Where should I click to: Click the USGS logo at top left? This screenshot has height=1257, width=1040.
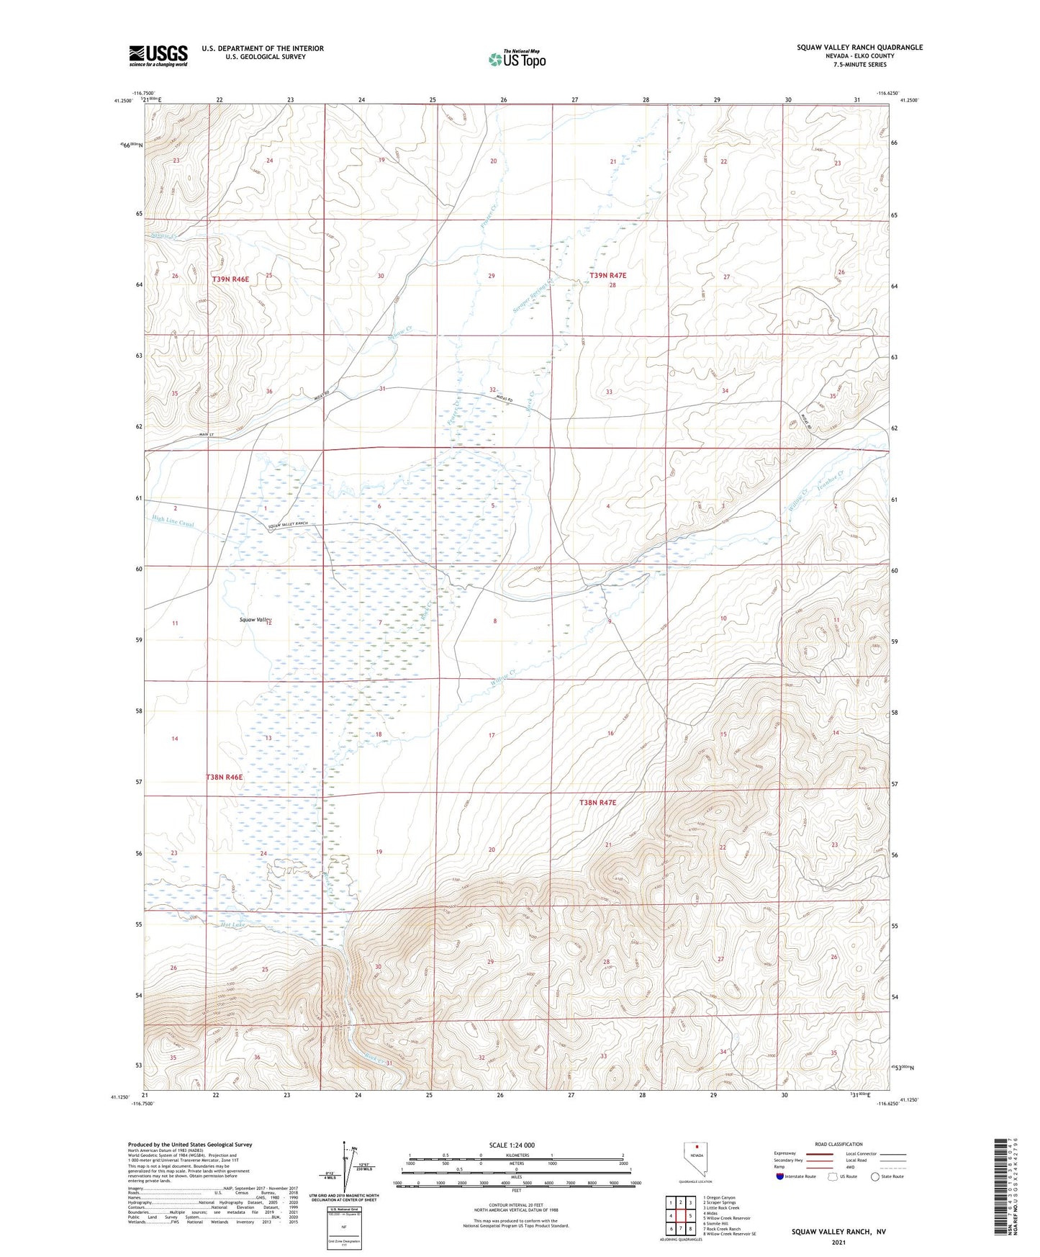(x=158, y=55)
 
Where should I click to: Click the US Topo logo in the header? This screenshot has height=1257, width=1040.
(x=516, y=59)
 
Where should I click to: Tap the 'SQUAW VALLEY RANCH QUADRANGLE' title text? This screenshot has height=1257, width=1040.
(x=859, y=48)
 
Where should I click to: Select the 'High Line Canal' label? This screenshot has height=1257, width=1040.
(x=173, y=521)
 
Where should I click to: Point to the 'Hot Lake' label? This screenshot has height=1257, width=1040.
(x=234, y=924)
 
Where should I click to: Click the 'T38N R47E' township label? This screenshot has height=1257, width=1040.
(x=598, y=802)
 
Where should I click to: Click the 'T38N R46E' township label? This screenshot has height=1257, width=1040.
(x=225, y=778)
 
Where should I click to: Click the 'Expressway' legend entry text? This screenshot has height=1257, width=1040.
(x=785, y=1153)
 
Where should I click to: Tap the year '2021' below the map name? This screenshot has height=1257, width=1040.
(x=838, y=1243)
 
